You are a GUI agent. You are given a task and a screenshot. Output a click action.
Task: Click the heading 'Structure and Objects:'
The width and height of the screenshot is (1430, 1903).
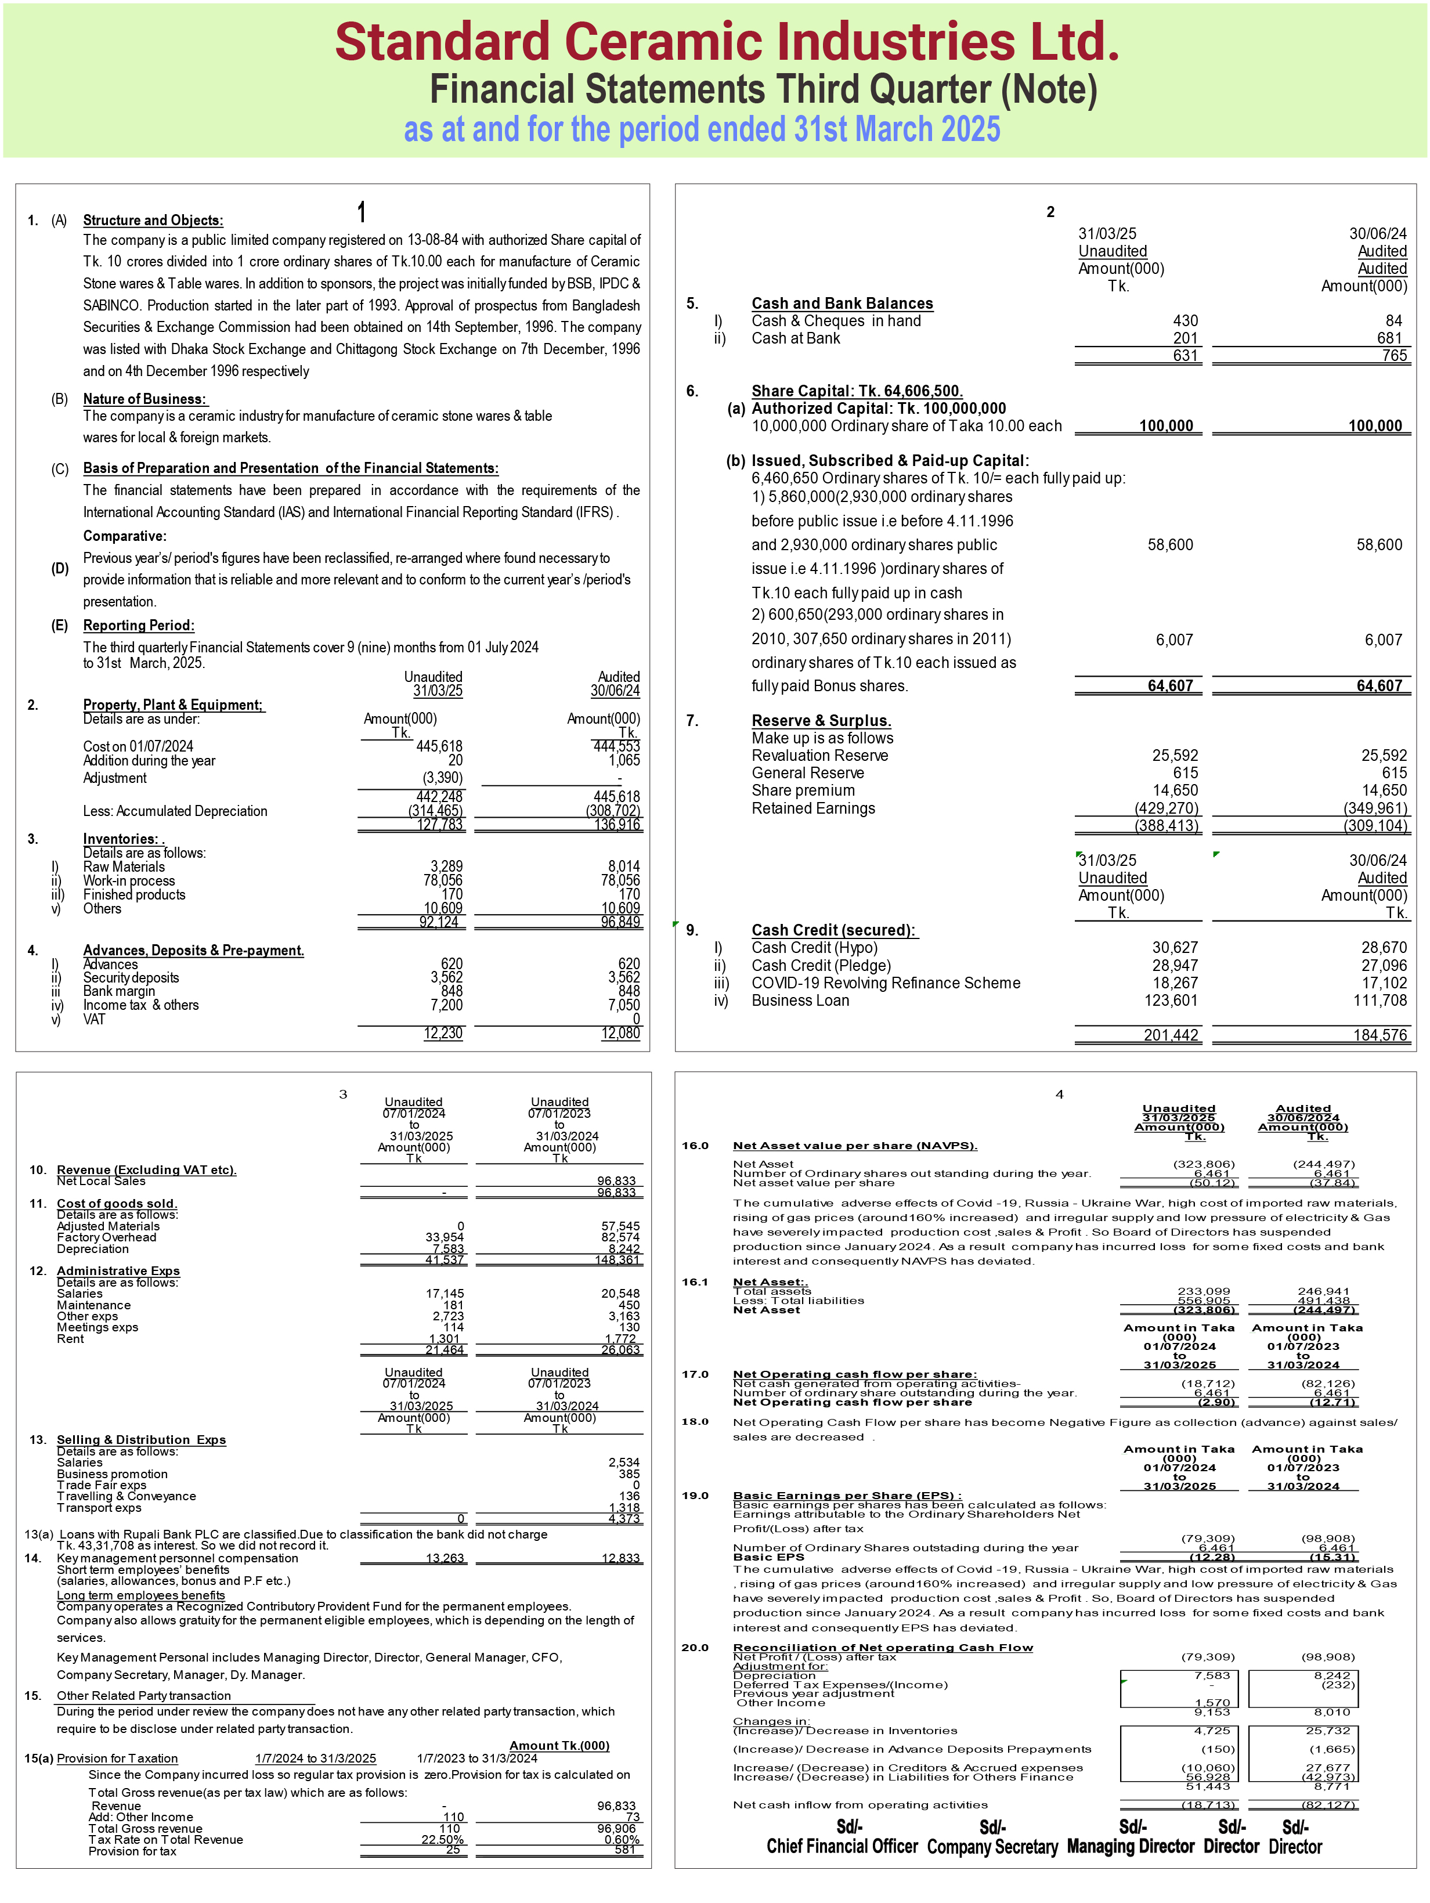coord(152,220)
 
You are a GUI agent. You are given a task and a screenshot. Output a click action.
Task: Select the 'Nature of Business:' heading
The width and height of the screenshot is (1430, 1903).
coord(145,399)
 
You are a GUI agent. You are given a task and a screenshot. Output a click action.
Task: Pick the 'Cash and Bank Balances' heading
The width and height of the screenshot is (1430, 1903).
coord(842,304)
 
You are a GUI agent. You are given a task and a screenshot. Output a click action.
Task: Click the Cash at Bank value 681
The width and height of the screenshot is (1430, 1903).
coord(1389,338)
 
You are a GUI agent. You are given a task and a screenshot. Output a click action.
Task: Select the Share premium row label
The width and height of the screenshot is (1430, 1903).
coord(803,790)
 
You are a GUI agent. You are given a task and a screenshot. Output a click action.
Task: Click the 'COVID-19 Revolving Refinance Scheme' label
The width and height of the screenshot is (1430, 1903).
coord(886,983)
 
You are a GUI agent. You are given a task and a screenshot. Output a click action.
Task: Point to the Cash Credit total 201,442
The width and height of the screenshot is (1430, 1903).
coord(1170,1035)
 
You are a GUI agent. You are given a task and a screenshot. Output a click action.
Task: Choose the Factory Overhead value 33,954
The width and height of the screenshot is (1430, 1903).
coord(444,1237)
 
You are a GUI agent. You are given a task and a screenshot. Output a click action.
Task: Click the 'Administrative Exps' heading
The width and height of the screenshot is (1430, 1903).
coord(118,1270)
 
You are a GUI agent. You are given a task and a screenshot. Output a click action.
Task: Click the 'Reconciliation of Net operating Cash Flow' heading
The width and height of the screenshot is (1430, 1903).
coord(882,1648)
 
